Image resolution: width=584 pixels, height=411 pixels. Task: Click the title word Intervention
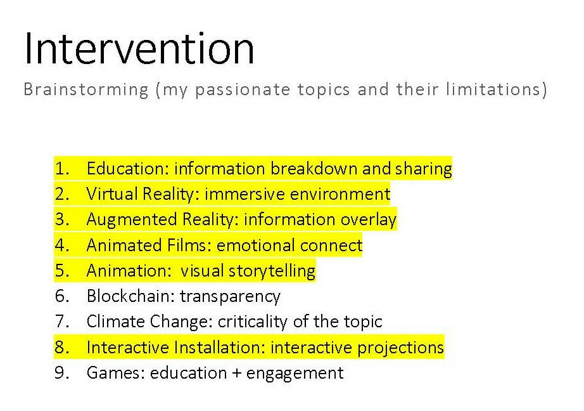pyautogui.click(x=139, y=49)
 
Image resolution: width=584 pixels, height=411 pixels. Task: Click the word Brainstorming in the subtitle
pyautogui.click(x=86, y=90)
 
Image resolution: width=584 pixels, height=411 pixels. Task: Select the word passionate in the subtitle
pyautogui.click(x=243, y=90)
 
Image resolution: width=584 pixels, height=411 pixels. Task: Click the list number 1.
pyautogui.click(x=62, y=169)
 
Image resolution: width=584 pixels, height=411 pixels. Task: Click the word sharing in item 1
pyautogui.click(x=424, y=169)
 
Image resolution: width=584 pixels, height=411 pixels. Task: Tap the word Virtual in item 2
pyautogui.click(x=111, y=194)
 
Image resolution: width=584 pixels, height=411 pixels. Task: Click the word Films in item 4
pyautogui.click(x=189, y=245)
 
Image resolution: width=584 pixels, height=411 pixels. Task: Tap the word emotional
pyautogui.click(x=257, y=245)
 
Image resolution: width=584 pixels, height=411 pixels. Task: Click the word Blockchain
pyautogui.click(x=130, y=296)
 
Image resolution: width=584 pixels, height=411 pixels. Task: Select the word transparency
pyautogui.click(x=230, y=297)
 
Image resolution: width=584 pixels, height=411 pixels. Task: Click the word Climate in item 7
pyautogui.click(x=115, y=321)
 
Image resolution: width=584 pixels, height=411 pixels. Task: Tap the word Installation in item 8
pyautogui.click(x=219, y=347)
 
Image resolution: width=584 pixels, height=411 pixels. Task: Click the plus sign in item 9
pyautogui.click(x=236, y=373)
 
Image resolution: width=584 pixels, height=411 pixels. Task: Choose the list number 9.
pyautogui.click(x=62, y=372)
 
